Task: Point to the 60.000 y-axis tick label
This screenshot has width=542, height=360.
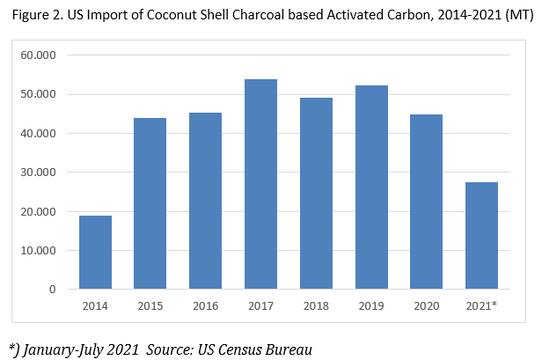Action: tap(40, 55)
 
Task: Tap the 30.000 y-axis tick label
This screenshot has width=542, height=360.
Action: tap(40, 173)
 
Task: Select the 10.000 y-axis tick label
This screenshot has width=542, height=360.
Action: tap(40, 251)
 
